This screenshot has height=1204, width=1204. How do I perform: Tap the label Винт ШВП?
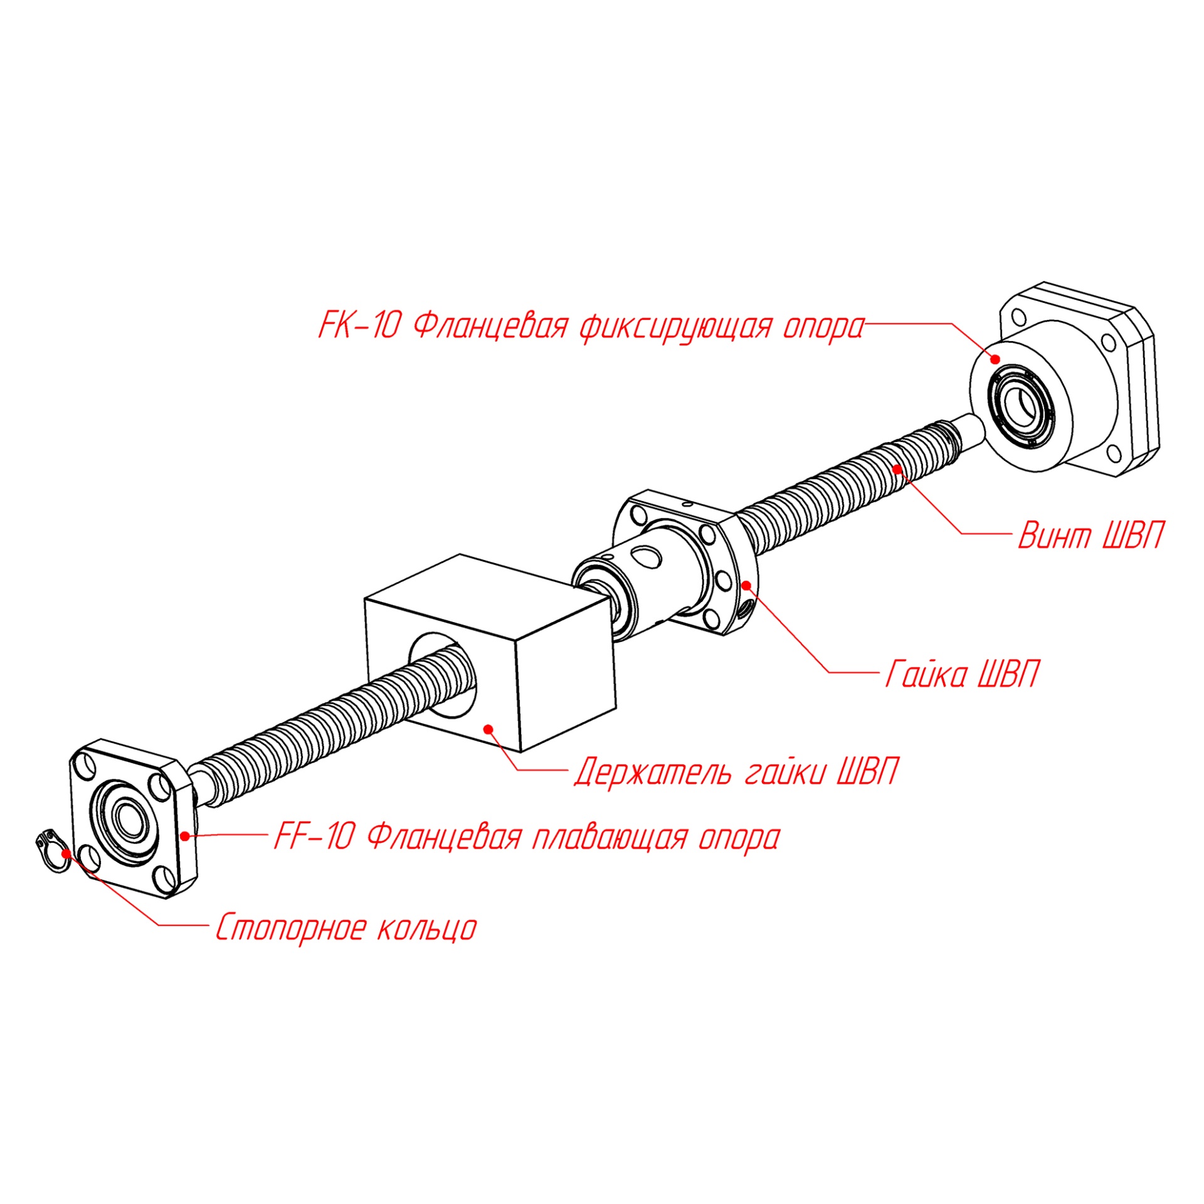[1090, 536]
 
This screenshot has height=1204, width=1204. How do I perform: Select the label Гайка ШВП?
[961, 675]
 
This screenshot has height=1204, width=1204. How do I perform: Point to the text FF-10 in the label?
[314, 837]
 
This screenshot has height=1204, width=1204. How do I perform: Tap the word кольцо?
[427, 927]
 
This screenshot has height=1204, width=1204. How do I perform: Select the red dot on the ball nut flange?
[747, 584]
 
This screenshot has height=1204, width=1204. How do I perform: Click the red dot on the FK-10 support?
[995, 359]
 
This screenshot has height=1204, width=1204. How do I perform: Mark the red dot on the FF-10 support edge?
[185, 836]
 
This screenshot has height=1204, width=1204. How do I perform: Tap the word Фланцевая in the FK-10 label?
[491, 326]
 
